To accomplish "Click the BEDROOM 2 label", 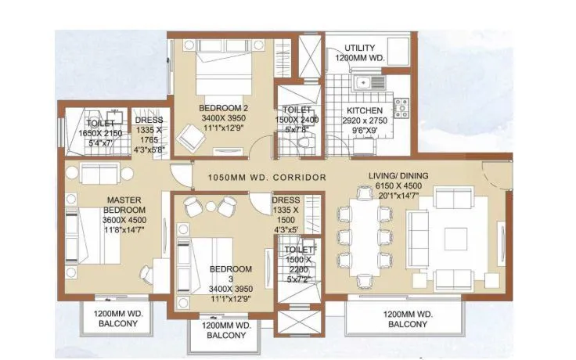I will click(x=223, y=107).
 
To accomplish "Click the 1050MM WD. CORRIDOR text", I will click(x=267, y=178).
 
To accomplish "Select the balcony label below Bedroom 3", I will click(x=225, y=329).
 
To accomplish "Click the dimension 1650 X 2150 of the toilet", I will click(x=100, y=134).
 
